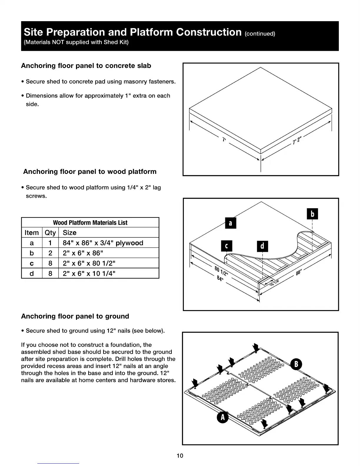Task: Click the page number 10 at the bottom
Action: click(180, 456)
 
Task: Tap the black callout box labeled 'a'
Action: click(231, 223)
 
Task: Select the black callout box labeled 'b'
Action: click(312, 214)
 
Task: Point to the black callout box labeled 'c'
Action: click(226, 246)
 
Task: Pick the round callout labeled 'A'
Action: click(223, 417)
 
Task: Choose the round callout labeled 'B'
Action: click(296, 364)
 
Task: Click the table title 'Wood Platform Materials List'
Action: click(90, 223)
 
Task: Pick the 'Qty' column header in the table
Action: click(50, 233)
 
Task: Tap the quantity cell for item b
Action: click(50, 253)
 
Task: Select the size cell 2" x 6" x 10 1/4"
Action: click(89, 274)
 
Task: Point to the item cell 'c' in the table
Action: click(32, 263)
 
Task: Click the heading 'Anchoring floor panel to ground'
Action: click(75, 316)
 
